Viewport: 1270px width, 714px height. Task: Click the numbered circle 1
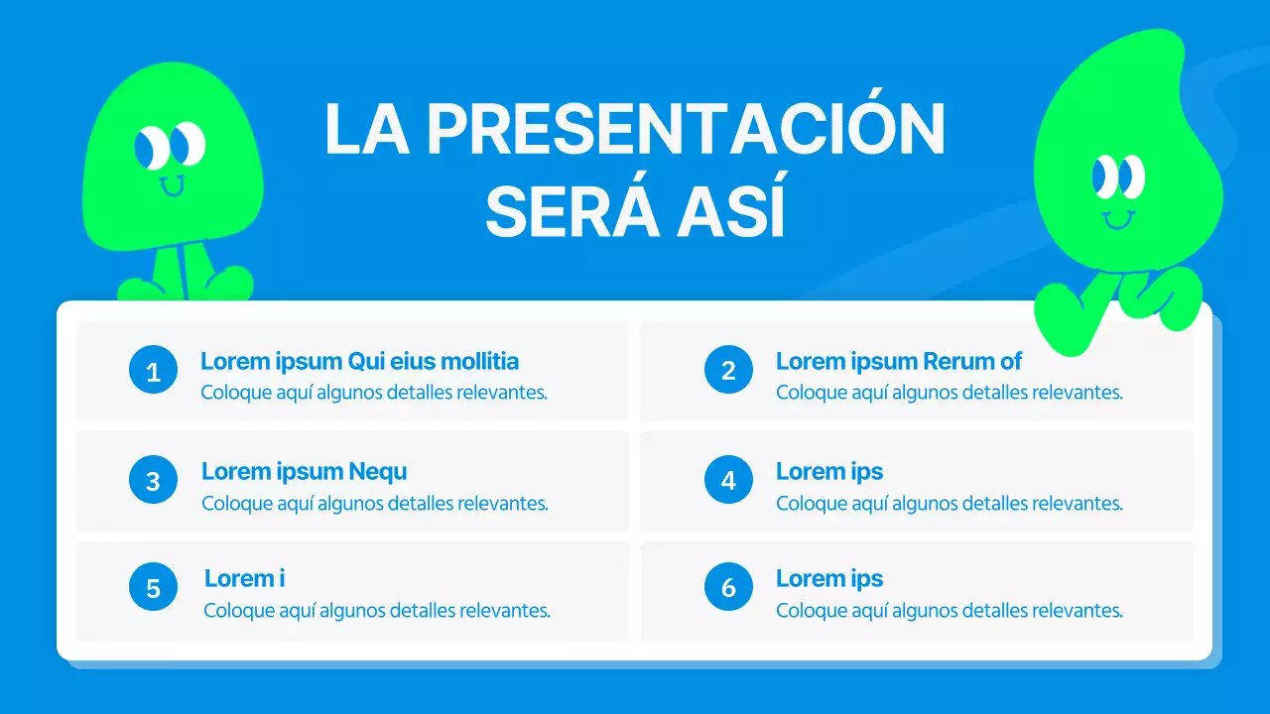click(153, 371)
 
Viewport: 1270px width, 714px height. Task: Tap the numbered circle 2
click(728, 370)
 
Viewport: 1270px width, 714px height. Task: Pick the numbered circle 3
click(153, 481)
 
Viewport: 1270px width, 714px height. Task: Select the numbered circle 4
click(728, 481)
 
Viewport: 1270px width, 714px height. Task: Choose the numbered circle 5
click(153, 588)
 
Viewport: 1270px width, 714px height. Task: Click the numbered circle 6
click(728, 588)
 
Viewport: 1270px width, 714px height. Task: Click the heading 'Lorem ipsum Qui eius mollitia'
click(359, 361)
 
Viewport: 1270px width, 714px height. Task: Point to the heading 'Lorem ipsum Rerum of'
click(898, 361)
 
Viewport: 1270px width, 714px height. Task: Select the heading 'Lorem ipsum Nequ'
click(304, 471)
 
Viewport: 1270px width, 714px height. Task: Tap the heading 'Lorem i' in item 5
click(244, 578)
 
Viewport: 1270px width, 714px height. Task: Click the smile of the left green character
click(173, 185)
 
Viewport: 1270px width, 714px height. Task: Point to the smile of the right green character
click(1118, 218)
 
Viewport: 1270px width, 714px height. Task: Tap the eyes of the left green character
click(170, 147)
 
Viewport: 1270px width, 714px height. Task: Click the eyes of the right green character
click(1118, 178)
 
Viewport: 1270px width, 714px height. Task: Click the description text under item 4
click(949, 503)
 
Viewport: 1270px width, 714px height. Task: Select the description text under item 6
click(949, 610)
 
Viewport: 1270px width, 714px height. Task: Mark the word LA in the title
click(366, 129)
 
